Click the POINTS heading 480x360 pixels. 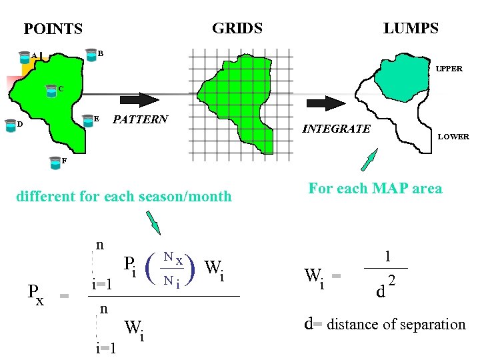[x=53, y=29]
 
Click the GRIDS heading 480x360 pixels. [x=237, y=28]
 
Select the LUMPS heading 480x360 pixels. [x=411, y=28]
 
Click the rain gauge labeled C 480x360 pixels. [x=51, y=90]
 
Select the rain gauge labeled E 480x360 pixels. [x=87, y=120]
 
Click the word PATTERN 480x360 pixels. [x=140, y=120]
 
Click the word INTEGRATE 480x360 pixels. [x=336, y=129]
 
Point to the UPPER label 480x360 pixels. [x=449, y=69]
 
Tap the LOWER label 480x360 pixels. [x=453, y=137]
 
